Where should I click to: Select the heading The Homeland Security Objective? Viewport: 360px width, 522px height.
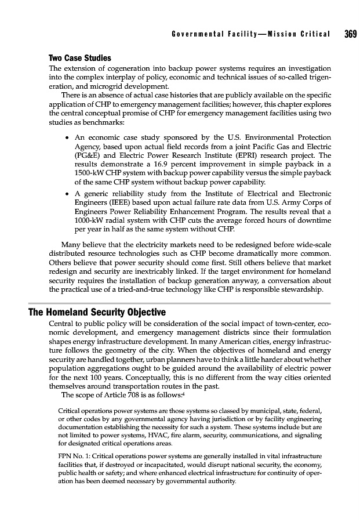97,313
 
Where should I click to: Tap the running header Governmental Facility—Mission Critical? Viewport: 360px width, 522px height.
251,34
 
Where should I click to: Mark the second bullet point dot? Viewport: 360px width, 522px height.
69,191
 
